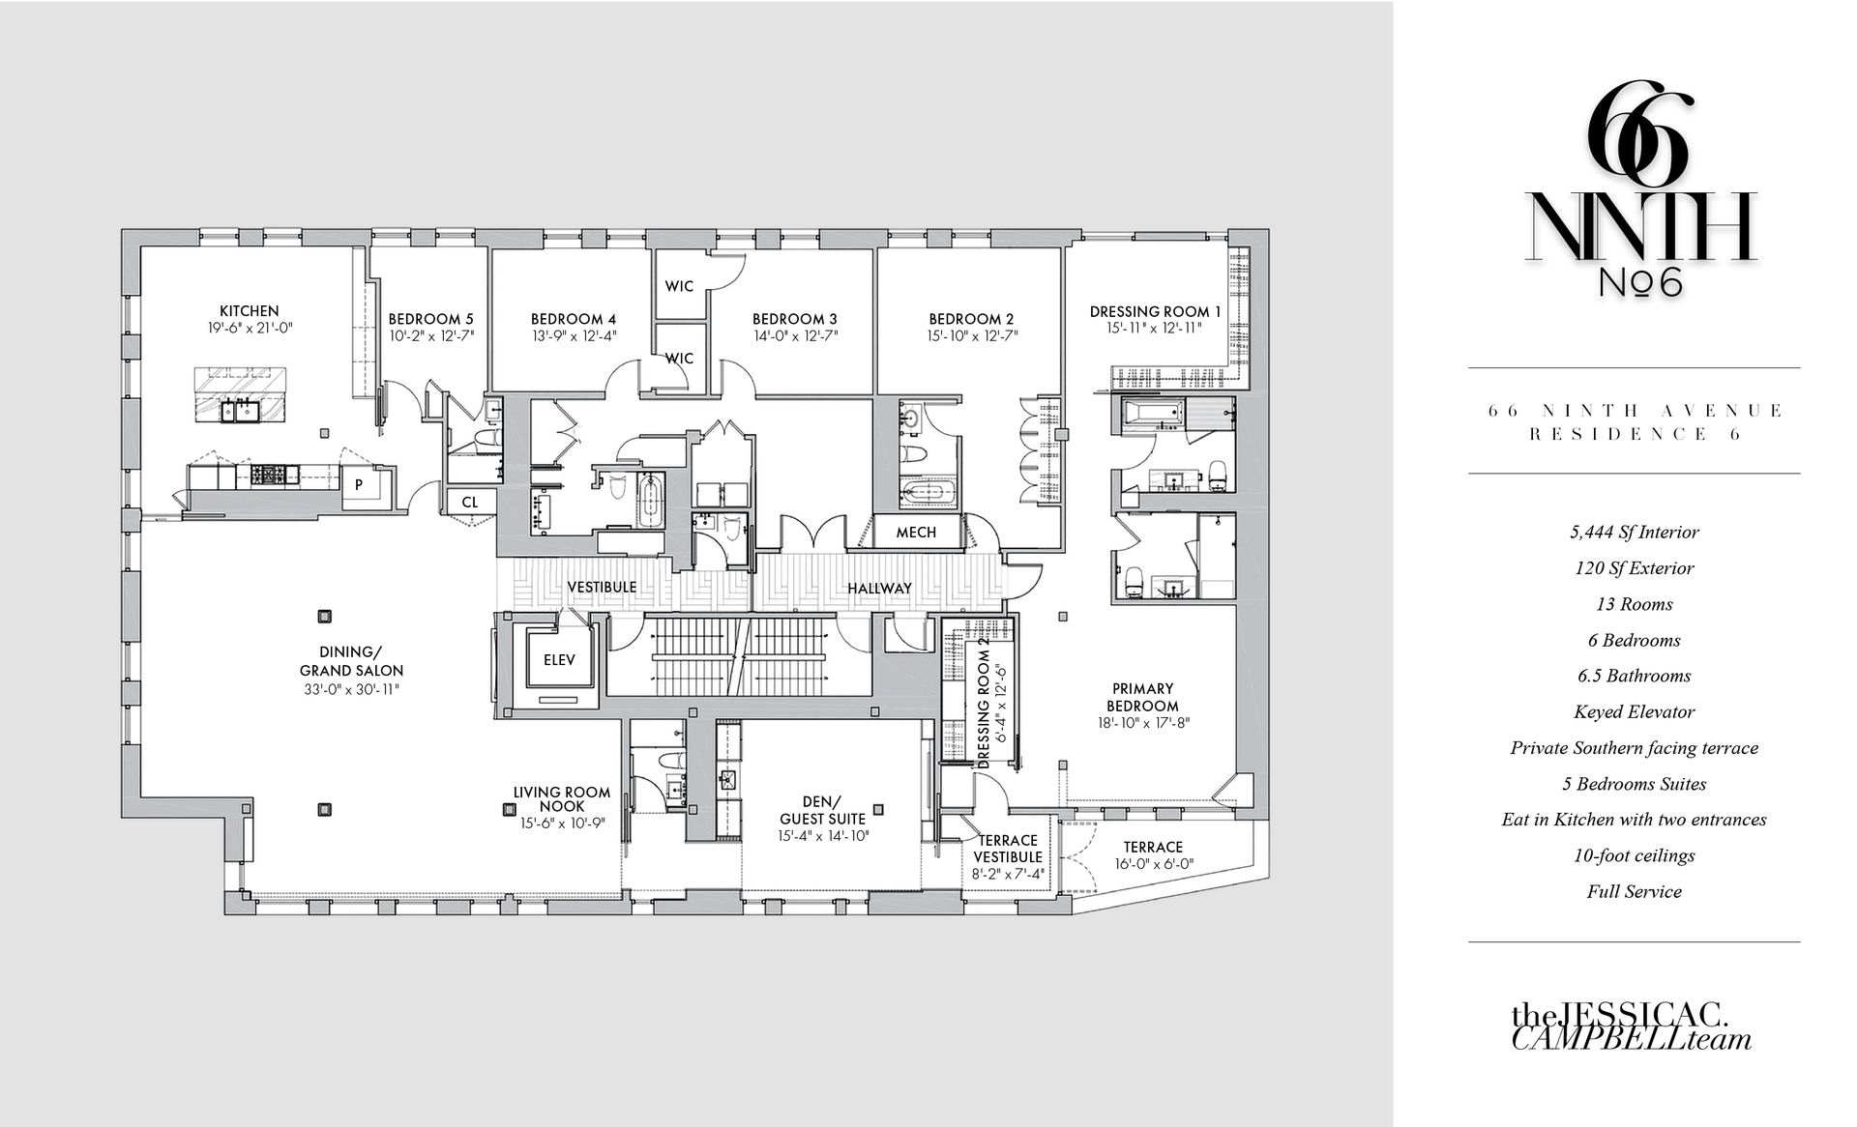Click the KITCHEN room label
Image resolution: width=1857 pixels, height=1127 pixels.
click(x=250, y=311)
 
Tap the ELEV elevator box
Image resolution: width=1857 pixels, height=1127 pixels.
click(x=559, y=659)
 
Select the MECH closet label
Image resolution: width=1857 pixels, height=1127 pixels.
click(x=916, y=533)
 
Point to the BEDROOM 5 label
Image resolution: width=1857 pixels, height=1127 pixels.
click(x=431, y=319)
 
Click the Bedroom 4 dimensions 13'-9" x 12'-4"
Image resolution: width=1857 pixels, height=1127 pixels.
click(x=574, y=336)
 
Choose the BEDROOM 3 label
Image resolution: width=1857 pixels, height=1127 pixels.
click(x=795, y=319)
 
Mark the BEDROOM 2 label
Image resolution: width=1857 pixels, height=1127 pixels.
click(x=972, y=319)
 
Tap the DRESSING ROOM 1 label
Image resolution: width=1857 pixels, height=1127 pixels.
click(x=1156, y=311)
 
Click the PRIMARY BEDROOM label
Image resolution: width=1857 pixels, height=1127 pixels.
click(x=1143, y=697)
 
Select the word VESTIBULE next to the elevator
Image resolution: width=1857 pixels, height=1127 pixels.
click(x=602, y=588)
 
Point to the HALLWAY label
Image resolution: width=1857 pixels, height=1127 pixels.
click(x=880, y=589)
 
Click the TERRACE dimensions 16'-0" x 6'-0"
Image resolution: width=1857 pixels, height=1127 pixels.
click(x=1154, y=864)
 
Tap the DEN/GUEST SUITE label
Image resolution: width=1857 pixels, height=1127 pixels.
click(x=823, y=810)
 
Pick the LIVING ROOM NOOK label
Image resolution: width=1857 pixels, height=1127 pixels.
click(x=562, y=798)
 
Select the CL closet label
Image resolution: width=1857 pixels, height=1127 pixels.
click(x=470, y=503)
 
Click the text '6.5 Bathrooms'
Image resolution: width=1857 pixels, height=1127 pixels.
click(x=1635, y=676)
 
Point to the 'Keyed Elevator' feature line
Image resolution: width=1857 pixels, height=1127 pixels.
click(x=1635, y=712)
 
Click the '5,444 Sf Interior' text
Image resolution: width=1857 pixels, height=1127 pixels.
click(x=1635, y=533)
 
